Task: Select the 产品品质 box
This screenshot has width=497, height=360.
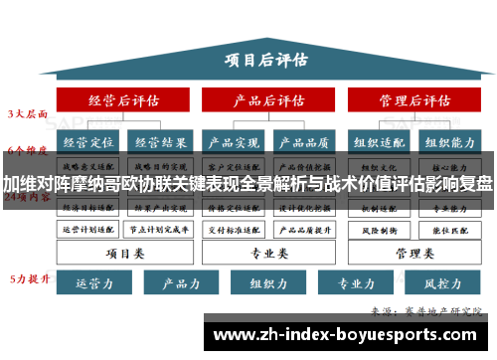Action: (306, 142)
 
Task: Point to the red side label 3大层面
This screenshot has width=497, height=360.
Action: (28, 113)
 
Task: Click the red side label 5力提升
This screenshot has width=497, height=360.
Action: (28, 277)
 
